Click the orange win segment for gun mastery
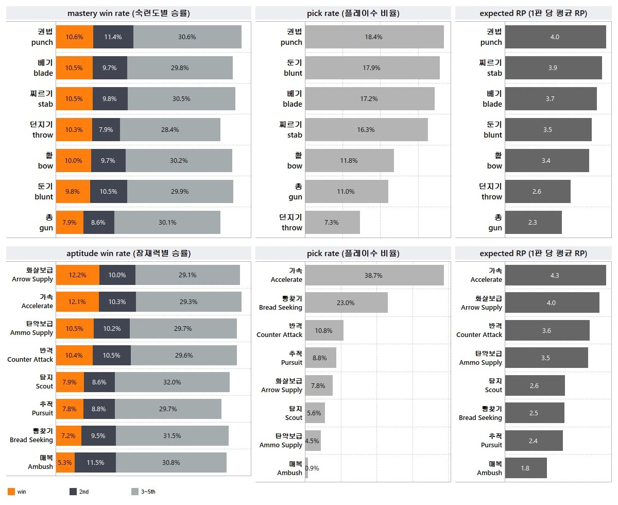pyautogui.click(x=70, y=223)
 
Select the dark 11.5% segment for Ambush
pyautogui.click(x=95, y=463)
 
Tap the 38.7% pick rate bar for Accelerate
pyautogui.click(x=374, y=276)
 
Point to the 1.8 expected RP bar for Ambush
pyautogui.click(x=526, y=468)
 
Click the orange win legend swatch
pyautogui.click(x=11, y=492)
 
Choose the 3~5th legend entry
pyautogui.click(x=144, y=492)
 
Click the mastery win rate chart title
pyautogui.click(x=128, y=13)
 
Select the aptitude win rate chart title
pyautogui.click(x=128, y=254)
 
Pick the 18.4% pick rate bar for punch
pyautogui.click(x=374, y=37)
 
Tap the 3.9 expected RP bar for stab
pyautogui.click(x=553, y=68)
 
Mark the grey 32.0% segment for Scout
pyautogui.click(x=172, y=382)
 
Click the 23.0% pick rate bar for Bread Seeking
pyautogui.click(x=346, y=303)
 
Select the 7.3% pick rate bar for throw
pyautogui.click(x=332, y=223)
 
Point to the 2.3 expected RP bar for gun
pyautogui.click(x=533, y=223)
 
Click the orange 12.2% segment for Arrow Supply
pyautogui.click(x=77, y=275)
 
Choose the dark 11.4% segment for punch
pyautogui.click(x=113, y=37)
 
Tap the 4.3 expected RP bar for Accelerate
pyautogui.click(x=555, y=276)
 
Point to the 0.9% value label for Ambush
pyautogui.click(x=312, y=468)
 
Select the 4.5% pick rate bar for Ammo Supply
pyautogui.click(x=313, y=441)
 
